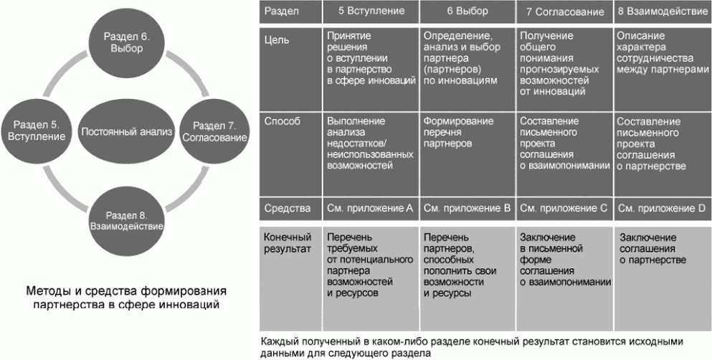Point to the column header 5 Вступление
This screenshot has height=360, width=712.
pos(369,11)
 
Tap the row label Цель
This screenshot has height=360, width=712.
pos(277,40)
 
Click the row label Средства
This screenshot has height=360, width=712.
pos(287,209)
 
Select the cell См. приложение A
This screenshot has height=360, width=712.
pos(369,209)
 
